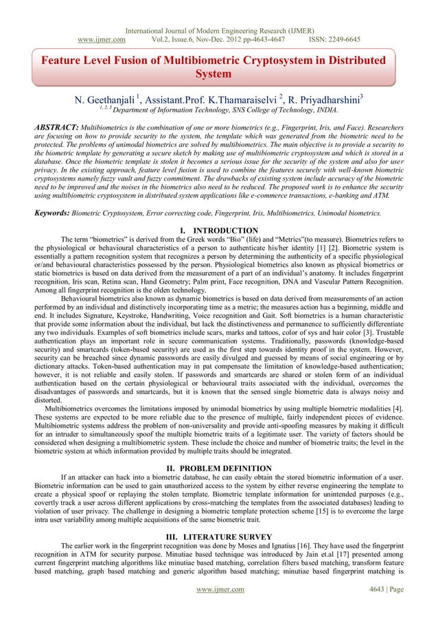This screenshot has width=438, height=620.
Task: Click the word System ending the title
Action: (x=218, y=75)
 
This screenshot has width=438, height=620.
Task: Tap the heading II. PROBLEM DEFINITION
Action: (x=218, y=469)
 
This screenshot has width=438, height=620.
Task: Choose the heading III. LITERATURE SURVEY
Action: (x=218, y=536)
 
